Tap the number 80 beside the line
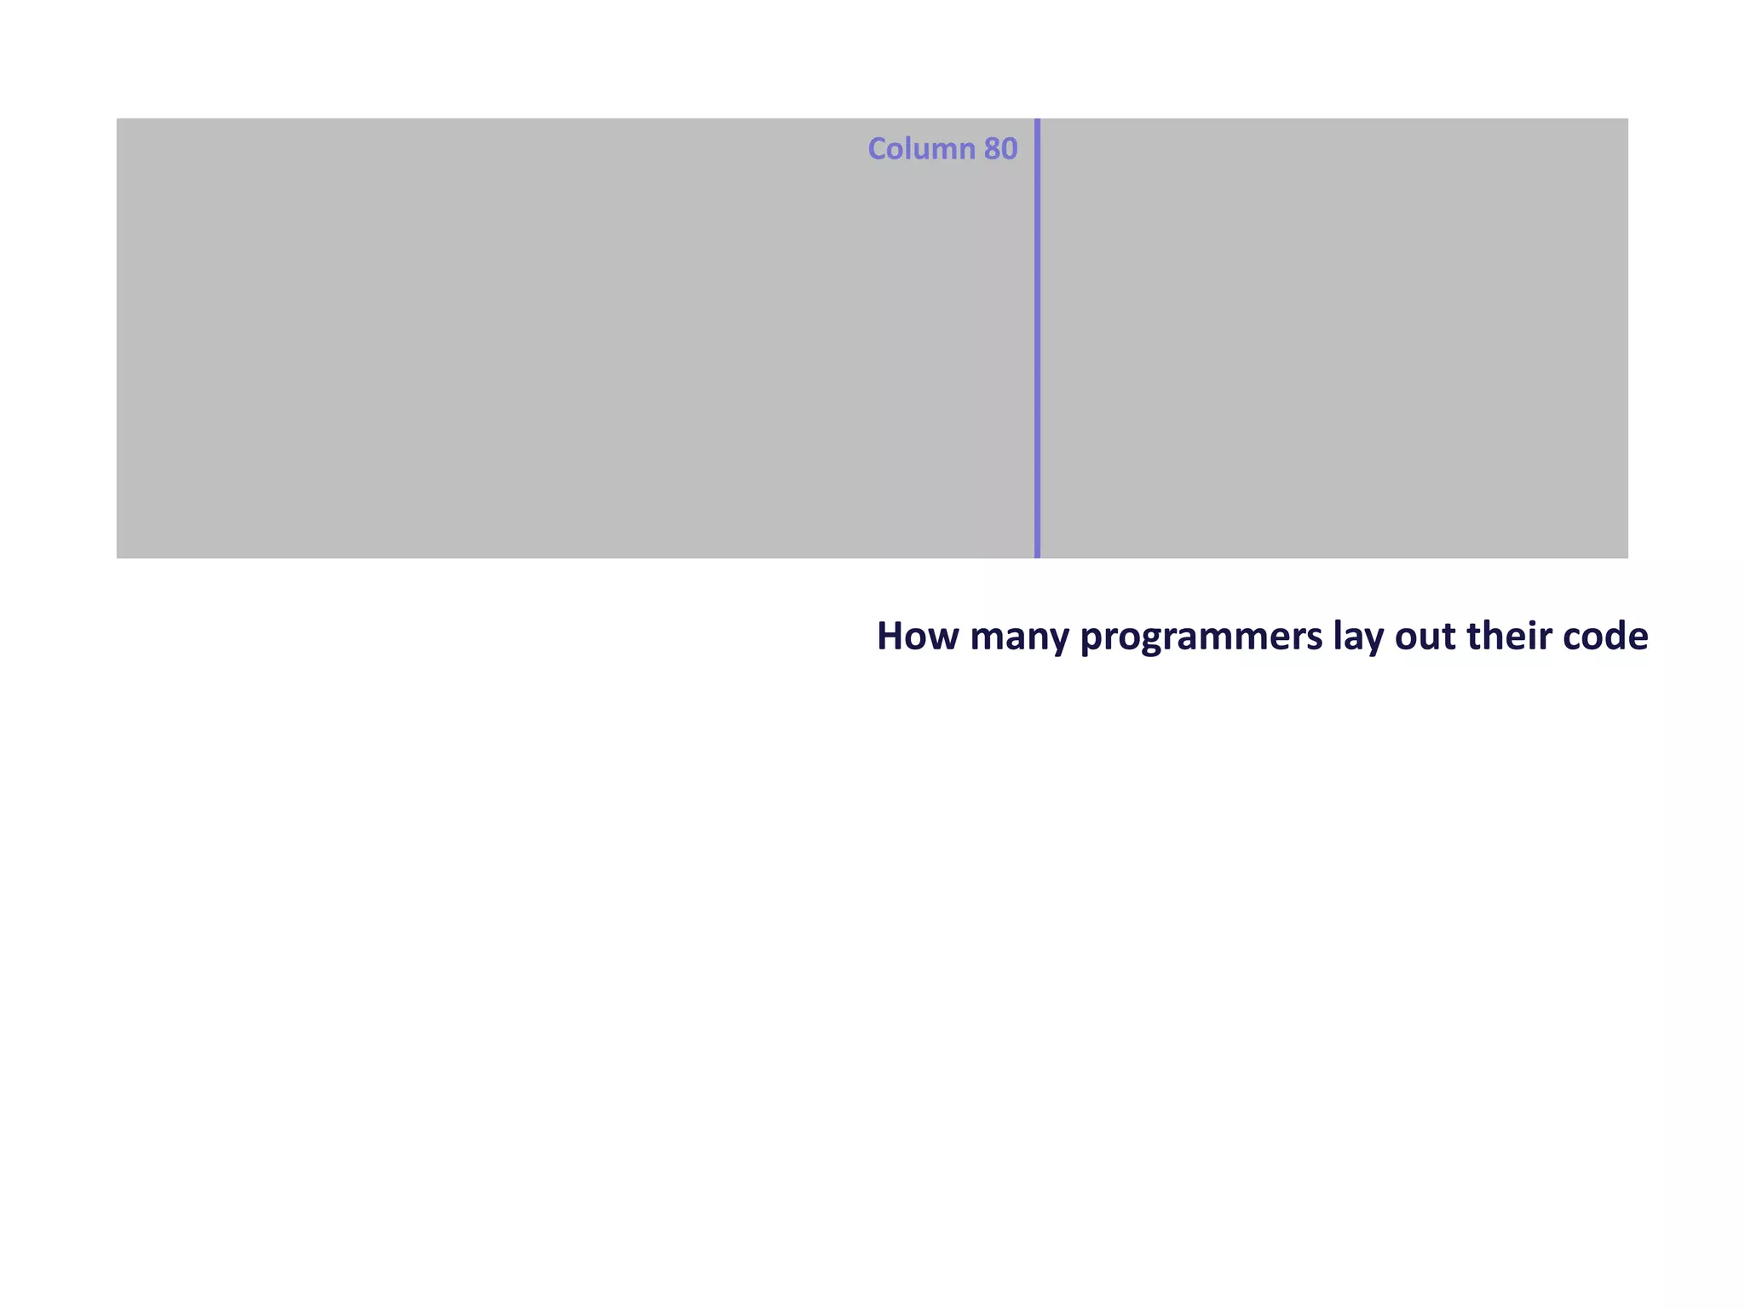coord(1001,149)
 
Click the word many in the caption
coord(1019,637)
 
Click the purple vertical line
coord(1037,341)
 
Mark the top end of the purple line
coord(1037,120)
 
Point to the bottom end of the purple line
coord(1037,556)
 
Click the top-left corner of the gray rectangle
coord(118,119)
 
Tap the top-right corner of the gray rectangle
coord(1627,119)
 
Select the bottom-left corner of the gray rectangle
coord(118,557)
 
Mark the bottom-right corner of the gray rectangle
coord(1627,557)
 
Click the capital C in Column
coord(878,149)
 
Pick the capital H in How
coord(890,637)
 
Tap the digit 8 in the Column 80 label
coord(993,149)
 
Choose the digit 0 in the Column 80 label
coord(1010,149)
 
